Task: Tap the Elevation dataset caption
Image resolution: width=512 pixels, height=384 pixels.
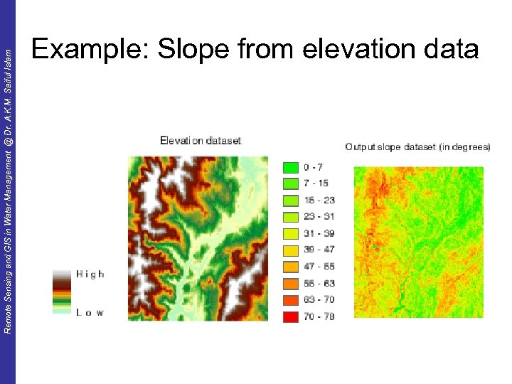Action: pos(201,141)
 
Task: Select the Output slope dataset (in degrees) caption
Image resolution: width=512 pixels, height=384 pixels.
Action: pos(417,147)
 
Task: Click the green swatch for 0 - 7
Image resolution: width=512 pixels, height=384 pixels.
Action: pos(289,168)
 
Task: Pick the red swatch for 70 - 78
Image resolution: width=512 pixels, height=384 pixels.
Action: pos(289,316)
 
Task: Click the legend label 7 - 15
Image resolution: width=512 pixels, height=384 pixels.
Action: pos(316,184)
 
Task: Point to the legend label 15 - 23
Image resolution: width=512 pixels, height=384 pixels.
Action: pos(319,201)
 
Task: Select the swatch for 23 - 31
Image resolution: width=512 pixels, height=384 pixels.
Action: pos(289,217)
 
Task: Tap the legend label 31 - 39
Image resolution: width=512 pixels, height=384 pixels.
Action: pos(319,233)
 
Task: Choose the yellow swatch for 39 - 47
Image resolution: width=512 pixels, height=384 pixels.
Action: pos(289,250)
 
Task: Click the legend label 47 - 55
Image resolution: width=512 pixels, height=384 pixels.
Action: pos(319,267)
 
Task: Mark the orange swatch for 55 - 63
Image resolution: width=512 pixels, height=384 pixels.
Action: pos(289,283)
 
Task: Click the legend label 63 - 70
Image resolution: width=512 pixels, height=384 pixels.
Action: pos(319,299)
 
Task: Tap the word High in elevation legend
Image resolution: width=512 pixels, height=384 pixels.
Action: pos(90,274)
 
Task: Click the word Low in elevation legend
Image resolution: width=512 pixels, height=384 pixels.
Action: pos(90,312)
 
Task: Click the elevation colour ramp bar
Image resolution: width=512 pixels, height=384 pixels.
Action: pos(63,292)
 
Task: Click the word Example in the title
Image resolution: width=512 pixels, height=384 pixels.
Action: pos(90,50)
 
